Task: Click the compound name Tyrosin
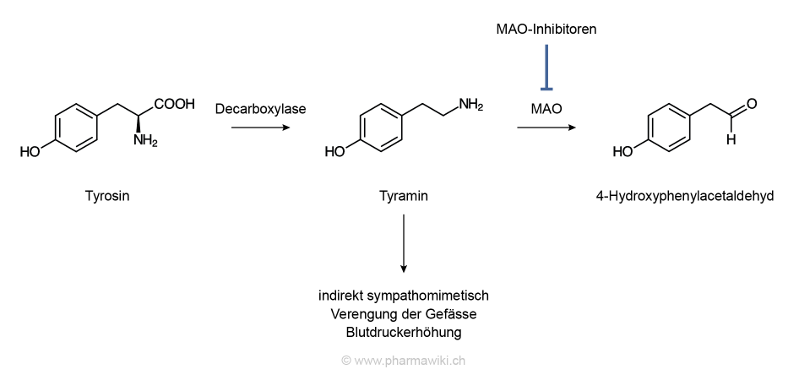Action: [107, 197]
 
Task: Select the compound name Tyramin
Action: [404, 197]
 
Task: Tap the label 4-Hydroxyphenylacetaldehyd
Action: [685, 197]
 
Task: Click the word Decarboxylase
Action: [260, 109]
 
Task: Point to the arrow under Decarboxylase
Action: [260, 128]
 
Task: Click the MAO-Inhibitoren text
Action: [546, 30]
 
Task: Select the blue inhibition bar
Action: [546, 68]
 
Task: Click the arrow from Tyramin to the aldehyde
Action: [546, 128]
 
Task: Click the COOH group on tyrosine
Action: [174, 105]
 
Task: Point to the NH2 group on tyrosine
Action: [145, 140]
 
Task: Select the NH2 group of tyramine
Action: [470, 105]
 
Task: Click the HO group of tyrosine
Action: [30, 152]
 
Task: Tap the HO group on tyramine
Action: [335, 152]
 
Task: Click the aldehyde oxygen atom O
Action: [752, 104]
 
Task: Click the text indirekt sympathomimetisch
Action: [404, 296]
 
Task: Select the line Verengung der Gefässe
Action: [404, 314]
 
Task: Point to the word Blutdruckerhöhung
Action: [404, 332]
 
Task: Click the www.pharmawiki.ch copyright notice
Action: [404, 360]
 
